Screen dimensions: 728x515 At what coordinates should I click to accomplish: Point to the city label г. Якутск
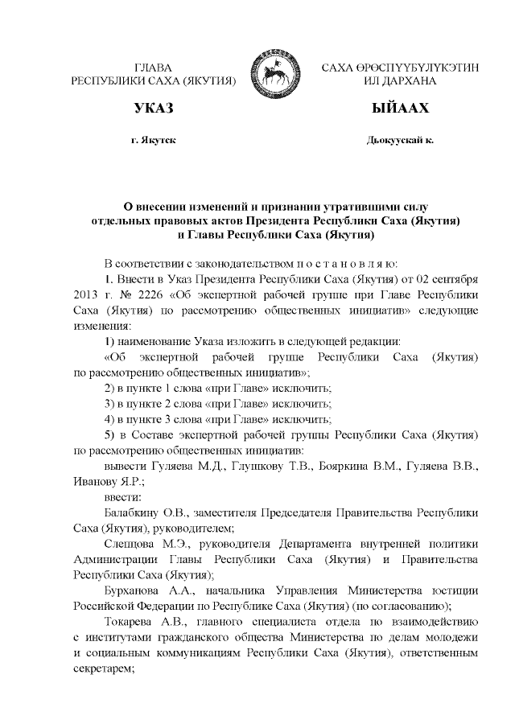pos(153,140)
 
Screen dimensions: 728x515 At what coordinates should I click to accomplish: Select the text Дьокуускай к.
pos(399,140)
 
